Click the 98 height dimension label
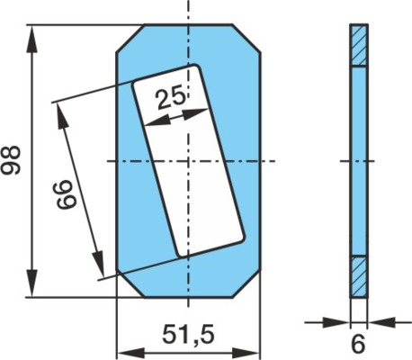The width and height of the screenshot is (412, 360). point(11,159)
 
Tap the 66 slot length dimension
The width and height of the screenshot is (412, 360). point(67,194)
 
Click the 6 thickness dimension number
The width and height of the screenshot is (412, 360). point(359,345)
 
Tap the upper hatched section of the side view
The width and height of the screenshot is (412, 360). point(359,45)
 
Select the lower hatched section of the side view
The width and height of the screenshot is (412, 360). point(359,276)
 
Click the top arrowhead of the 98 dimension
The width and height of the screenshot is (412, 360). point(32,39)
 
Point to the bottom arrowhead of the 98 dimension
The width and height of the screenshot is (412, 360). point(32,283)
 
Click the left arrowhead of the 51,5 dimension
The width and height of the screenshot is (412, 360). point(130,352)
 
